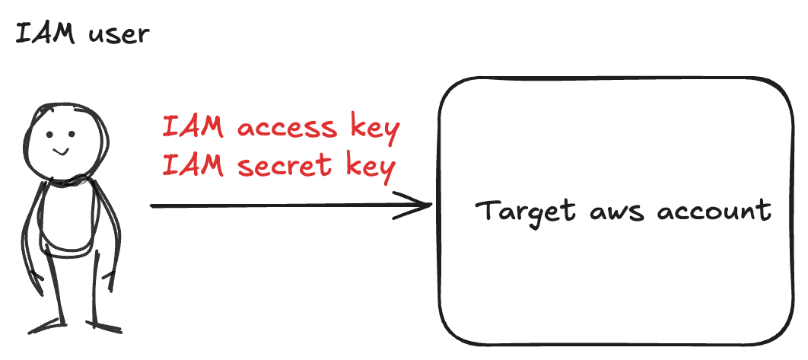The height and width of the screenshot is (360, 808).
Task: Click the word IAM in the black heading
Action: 46,34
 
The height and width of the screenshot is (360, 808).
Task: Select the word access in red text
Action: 286,127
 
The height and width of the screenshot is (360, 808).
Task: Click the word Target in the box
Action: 525,211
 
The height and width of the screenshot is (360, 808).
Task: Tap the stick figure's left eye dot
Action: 49,135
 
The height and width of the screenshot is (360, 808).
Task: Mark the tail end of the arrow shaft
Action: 152,205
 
